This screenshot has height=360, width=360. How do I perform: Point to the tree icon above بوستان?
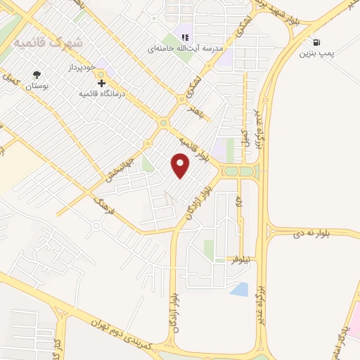[37, 75]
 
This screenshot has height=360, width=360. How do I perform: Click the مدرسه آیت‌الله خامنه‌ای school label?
[185, 49]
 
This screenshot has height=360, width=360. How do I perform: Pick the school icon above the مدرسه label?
[186, 37]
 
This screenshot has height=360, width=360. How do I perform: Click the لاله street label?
[239, 202]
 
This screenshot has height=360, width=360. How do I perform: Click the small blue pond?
[239, 288]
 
